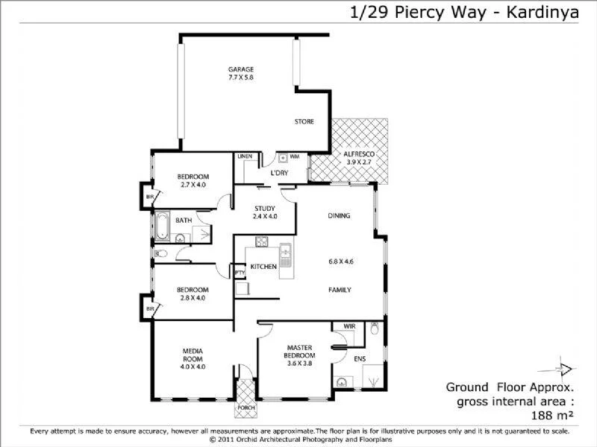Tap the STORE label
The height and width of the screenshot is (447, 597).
pos(304,121)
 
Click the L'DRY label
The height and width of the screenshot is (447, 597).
pos(279,173)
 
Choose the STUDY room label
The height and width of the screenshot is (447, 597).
pos(265,209)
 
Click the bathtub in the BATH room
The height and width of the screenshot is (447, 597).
pos(161,223)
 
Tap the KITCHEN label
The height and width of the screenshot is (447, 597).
pos(263,266)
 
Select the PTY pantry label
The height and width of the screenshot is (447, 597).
pos(240,273)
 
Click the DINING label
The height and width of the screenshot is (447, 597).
pos(339,216)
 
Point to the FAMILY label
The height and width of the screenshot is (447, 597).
pos(340,290)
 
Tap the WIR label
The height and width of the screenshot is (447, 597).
pos(348,327)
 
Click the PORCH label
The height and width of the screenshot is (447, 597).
pos(246,408)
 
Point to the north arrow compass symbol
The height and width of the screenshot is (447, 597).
pos(565,369)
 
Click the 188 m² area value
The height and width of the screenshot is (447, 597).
pos(551,415)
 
